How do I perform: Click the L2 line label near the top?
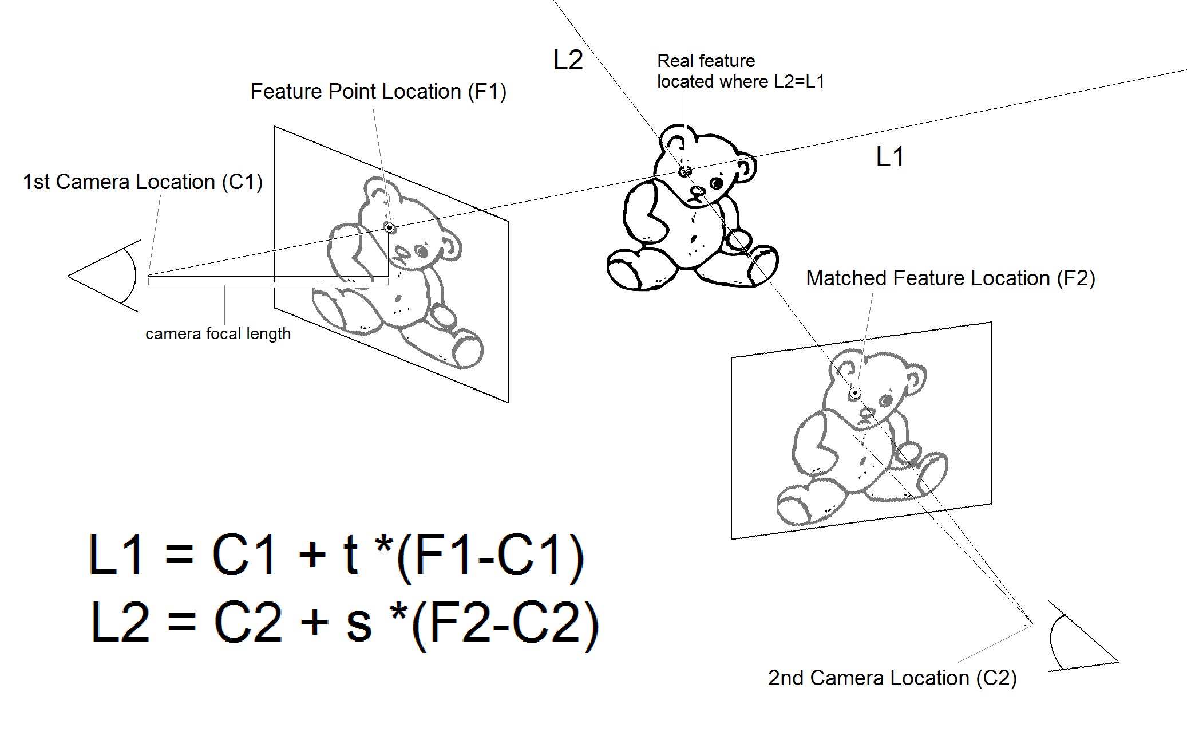click(568, 60)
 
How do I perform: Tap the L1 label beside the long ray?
click(889, 157)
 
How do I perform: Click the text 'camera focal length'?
click(217, 333)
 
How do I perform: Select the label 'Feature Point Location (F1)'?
click(378, 92)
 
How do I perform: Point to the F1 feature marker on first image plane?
click(390, 228)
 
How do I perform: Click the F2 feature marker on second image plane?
click(855, 392)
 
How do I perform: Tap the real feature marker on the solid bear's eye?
click(685, 171)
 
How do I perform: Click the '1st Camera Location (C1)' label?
click(143, 182)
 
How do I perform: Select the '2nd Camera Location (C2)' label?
click(892, 678)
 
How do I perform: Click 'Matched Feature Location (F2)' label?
click(950, 278)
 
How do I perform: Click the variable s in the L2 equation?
click(359, 623)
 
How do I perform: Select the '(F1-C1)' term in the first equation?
click(490, 556)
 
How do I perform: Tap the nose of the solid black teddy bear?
click(697, 193)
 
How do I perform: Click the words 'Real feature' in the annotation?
click(706, 61)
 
